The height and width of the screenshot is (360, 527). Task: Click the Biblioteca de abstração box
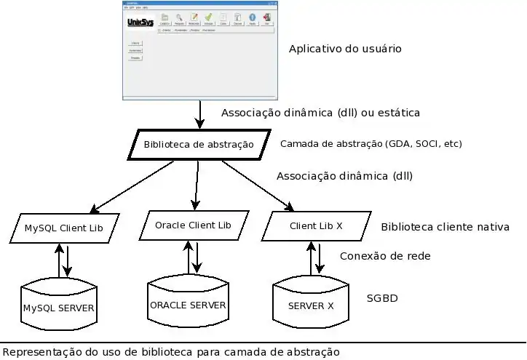click(x=198, y=145)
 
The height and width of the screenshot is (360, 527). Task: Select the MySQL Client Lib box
click(x=64, y=228)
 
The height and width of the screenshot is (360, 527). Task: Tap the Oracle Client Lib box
click(x=193, y=225)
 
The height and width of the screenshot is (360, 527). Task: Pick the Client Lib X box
click(x=316, y=226)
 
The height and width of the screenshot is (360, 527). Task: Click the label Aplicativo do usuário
click(x=345, y=49)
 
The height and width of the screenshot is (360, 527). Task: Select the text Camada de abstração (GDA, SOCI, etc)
click(x=371, y=143)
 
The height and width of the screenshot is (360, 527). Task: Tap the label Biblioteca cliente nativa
click(x=445, y=227)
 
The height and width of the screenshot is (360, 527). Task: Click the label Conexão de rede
click(x=385, y=256)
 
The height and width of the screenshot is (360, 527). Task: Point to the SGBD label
click(x=382, y=298)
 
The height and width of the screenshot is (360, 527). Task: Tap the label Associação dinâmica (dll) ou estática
click(x=320, y=113)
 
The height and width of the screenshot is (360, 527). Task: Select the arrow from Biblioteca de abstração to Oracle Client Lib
click(x=196, y=185)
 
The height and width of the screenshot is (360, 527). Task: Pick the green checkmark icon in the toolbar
click(x=208, y=18)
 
